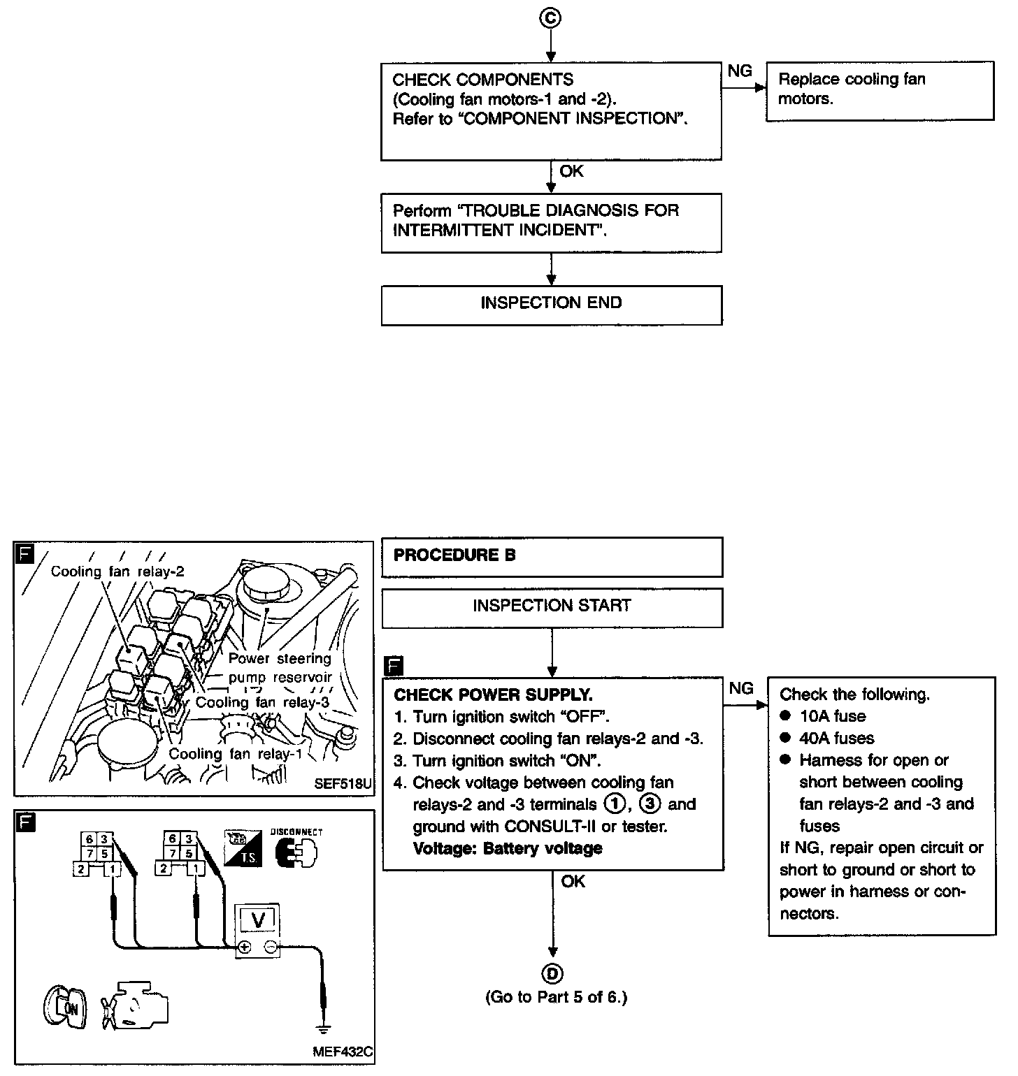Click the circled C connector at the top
tap(551, 19)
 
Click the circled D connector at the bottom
tap(552, 973)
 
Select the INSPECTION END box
tap(551, 303)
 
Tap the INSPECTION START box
tap(551, 606)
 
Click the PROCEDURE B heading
tap(454, 555)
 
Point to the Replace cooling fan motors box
tap(879, 90)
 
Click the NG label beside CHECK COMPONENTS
tap(740, 71)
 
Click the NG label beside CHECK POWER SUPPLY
tap(741, 689)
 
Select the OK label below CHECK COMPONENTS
tap(571, 172)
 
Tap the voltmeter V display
tap(257, 920)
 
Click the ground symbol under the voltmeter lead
tap(323, 1028)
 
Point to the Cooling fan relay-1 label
tap(235, 754)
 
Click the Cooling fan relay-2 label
tap(117, 572)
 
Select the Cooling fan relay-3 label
tap(262, 703)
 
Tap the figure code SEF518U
tap(343, 783)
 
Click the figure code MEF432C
tap(343, 1052)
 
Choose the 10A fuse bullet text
tap(832, 716)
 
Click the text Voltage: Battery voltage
tap(508, 849)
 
